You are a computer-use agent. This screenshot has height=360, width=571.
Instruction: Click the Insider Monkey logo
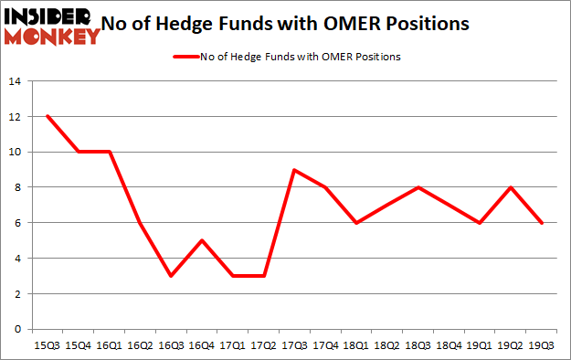[x=51, y=26]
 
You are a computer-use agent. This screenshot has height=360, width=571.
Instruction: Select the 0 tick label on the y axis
[x=16, y=329]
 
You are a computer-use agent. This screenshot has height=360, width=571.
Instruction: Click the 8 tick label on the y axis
[x=16, y=188]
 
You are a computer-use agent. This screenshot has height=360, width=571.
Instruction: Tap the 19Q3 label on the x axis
[x=542, y=344]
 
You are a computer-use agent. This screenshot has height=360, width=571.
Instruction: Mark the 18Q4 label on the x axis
[x=449, y=344]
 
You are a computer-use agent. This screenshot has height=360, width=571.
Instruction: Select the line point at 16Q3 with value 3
[x=171, y=276]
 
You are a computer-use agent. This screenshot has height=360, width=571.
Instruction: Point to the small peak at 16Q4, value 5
[x=202, y=240]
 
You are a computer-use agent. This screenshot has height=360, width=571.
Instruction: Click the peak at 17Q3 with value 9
[x=295, y=170]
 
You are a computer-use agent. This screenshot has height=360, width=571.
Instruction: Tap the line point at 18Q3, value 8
[x=418, y=187]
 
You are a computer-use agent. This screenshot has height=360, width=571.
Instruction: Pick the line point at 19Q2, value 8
[x=511, y=187]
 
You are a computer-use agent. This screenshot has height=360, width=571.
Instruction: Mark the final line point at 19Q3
[x=542, y=223]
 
